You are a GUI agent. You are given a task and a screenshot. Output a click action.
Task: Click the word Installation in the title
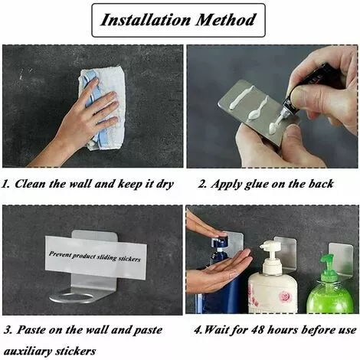(x=146, y=20)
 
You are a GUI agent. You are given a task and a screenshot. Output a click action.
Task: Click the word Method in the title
(x=226, y=20)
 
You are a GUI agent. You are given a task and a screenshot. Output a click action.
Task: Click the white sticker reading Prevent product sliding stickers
(x=96, y=257)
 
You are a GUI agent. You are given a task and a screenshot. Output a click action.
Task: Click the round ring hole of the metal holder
(x=72, y=298)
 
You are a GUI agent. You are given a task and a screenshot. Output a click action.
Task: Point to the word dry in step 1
(x=165, y=185)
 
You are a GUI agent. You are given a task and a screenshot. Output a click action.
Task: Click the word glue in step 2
(x=257, y=185)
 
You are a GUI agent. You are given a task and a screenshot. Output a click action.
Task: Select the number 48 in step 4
(x=258, y=330)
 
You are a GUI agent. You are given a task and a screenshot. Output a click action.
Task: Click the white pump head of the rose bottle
(x=271, y=247)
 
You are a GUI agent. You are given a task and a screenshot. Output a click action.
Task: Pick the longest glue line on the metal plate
(x=242, y=97)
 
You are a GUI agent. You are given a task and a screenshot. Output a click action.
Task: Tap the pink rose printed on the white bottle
(x=285, y=296)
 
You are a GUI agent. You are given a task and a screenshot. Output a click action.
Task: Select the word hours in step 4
(x=283, y=330)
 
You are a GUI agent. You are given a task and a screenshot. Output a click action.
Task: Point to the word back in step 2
(x=321, y=184)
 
